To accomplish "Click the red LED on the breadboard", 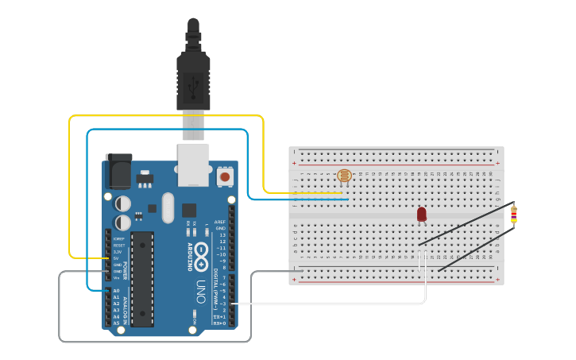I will click(x=422, y=214).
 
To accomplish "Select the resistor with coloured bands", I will click(x=514, y=213).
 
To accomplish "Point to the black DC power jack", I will click(x=118, y=169).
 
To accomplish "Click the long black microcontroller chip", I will click(x=142, y=278).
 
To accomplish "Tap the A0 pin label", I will click(x=116, y=291).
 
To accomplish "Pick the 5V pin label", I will click(x=117, y=258).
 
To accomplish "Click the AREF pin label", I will click(x=220, y=221).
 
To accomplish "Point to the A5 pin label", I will click(x=116, y=323).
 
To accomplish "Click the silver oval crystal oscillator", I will click(x=167, y=208).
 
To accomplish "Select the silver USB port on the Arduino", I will click(x=193, y=164).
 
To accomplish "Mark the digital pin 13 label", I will click(x=222, y=235).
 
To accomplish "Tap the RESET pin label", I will click(x=117, y=246).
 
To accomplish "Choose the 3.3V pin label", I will click(x=117, y=252).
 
